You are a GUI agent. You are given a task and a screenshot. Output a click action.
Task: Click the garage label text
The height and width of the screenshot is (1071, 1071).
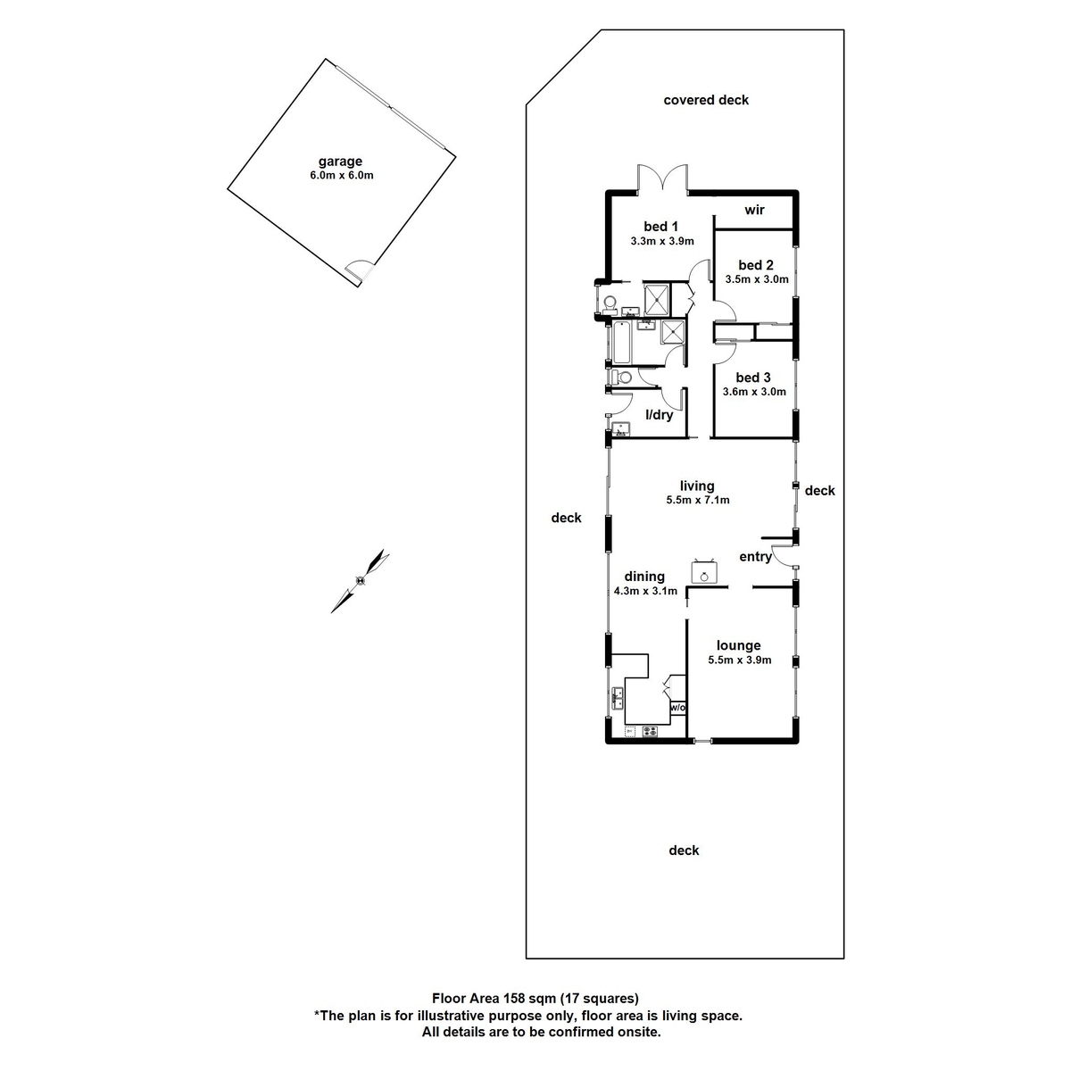coord(341,162)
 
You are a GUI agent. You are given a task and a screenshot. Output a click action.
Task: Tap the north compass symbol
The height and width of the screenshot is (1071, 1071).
coord(360,580)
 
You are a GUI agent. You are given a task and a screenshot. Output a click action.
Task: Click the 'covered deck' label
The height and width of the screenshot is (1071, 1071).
coord(706,100)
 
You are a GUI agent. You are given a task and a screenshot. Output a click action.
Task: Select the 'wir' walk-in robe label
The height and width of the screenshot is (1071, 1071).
coord(754,210)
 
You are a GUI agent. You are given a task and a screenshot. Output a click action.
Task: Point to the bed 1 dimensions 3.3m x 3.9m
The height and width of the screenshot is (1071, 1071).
coord(661,241)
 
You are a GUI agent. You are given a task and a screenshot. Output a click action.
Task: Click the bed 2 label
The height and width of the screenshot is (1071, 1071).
coord(756,265)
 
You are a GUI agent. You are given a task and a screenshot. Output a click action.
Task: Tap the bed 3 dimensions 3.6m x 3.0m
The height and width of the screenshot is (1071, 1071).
coord(754,392)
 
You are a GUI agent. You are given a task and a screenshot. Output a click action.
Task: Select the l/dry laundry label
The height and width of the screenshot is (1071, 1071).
coord(660,415)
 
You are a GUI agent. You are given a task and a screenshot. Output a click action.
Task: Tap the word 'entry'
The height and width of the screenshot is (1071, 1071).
coord(755,557)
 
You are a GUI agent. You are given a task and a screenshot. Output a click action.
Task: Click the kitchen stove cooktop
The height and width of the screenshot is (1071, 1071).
coord(650,732)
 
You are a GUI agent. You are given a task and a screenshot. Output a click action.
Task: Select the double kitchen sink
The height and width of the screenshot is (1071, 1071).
coord(618,698)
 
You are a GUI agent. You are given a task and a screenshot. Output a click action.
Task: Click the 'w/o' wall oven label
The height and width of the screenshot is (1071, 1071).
coord(677,708)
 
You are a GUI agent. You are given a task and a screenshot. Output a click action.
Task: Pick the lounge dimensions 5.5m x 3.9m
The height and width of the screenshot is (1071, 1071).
coord(739,660)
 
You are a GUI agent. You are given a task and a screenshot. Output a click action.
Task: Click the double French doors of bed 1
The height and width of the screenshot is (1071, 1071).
coord(661,178)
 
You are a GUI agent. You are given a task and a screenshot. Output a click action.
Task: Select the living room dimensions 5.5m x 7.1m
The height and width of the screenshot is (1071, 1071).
coord(697,501)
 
